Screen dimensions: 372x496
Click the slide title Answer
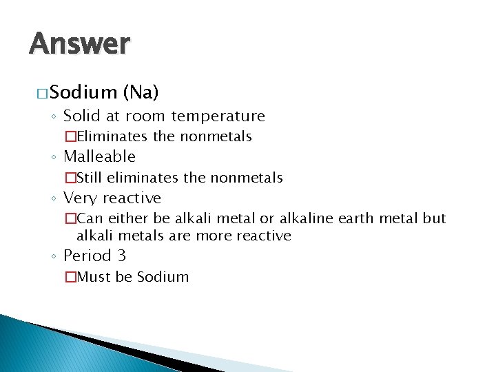[x=79, y=43]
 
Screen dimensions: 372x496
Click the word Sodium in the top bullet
[x=83, y=92]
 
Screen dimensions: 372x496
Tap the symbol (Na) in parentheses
[x=141, y=92]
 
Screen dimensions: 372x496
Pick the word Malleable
[x=99, y=157]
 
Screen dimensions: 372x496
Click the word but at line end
[x=435, y=219]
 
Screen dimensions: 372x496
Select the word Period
[x=86, y=256]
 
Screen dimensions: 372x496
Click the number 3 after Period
[x=121, y=256]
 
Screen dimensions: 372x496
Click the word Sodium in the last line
[x=163, y=277]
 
